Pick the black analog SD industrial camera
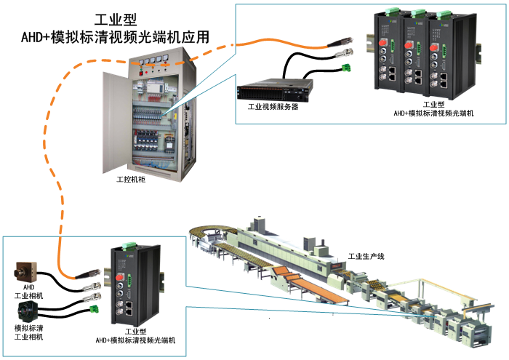tap(30, 314)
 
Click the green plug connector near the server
tap(344, 68)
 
